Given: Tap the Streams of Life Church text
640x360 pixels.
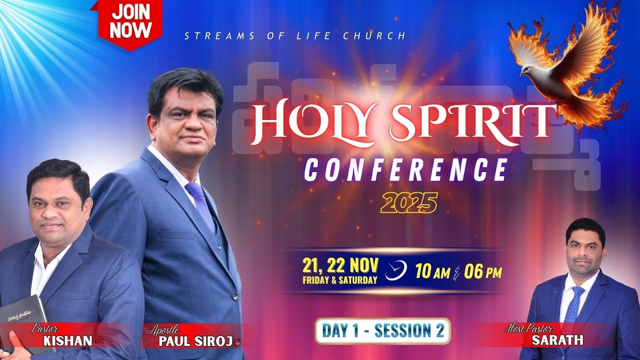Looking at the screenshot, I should point(295,36).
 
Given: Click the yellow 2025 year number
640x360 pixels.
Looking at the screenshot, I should point(408,203).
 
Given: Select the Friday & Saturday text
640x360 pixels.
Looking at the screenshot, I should point(340,280).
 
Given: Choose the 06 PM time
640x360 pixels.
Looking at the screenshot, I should point(483,272).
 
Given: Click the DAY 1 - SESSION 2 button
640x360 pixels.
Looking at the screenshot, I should point(382,331).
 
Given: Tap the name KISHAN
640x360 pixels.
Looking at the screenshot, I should point(67,341).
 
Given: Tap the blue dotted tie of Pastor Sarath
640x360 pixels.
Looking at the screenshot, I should point(572,305).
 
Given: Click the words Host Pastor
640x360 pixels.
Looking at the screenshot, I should point(529,329).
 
